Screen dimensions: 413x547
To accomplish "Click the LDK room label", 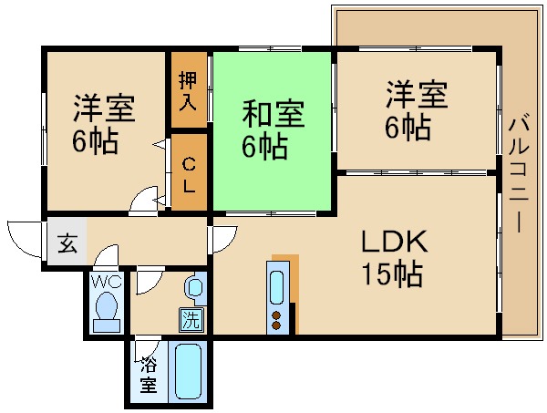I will point(395,243).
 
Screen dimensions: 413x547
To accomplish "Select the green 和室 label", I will point(273,116).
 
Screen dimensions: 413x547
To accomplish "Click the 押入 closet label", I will point(187,90).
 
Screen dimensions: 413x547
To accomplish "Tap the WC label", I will point(106,282).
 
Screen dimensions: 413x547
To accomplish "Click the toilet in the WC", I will point(108,310).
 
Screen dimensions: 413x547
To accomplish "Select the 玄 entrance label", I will point(67,243).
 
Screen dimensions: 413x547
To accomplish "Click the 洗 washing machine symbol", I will point(191,320).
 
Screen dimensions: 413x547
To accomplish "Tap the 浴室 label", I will point(148,375).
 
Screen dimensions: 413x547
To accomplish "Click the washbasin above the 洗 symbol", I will point(193,289).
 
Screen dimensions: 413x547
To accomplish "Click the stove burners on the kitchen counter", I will point(276,318).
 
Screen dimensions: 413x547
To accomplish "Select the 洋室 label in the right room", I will point(417,94).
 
